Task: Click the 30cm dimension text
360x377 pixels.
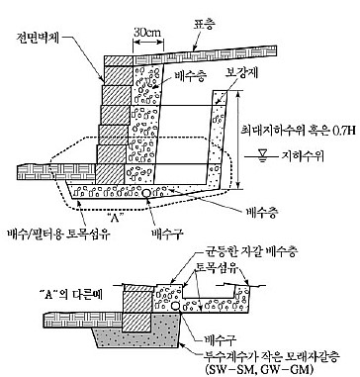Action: tap(147, 32)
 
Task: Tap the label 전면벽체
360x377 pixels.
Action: tap(37, 38)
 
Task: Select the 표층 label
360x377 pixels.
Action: tap(204, 25)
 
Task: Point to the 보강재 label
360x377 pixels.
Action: tap(242, 73)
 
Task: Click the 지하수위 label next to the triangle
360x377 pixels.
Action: tap(302, 156)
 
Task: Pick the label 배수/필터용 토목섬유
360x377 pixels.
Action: tap(58, 235)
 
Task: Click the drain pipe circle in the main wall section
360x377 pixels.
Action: tap(146, 193)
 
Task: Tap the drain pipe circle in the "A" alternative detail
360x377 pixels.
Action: tap(176, 307)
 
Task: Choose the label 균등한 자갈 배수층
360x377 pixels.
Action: tap(250, 252)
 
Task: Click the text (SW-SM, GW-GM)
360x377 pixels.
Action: tap(258, 369)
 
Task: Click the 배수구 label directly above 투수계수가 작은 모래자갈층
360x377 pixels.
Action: tap(221, 339)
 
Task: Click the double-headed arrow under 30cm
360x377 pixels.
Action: tap(148, 43)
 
